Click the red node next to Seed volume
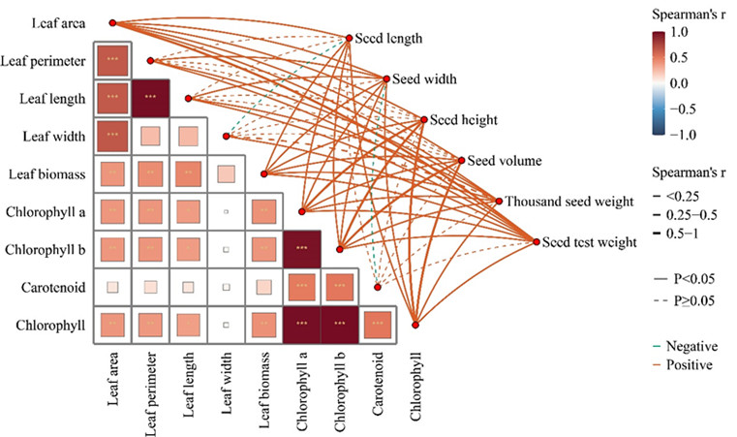(461, 161)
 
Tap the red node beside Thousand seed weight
(499, 202)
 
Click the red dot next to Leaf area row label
(112, 21)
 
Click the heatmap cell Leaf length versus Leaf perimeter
(150, 98)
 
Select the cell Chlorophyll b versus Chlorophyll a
(301, 249)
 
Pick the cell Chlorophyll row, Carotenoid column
(377, 326)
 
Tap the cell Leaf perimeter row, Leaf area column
(112, 60)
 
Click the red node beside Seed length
(350, 39)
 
